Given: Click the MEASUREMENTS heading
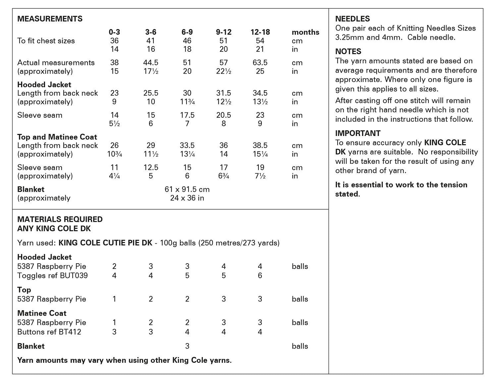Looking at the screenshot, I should (50, 19).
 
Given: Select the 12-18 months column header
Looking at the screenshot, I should (260, 32).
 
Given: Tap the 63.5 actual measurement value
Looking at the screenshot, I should (260, 63).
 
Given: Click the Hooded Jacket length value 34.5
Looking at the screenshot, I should (260, 93).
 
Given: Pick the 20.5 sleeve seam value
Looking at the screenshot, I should (224, 115).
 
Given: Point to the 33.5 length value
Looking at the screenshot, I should (187, 146).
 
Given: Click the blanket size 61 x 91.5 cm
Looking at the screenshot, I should (187, 189).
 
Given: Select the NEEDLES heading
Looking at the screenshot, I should (353, 19).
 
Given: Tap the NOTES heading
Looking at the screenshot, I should (348, 51).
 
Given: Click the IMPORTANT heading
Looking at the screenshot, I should (358, 133).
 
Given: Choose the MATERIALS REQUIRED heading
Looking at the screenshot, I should (60, 219).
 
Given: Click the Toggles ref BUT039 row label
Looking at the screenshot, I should (52, 276).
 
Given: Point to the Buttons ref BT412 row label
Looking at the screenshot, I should (49, 332).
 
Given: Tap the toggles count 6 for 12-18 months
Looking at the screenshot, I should (260, 276).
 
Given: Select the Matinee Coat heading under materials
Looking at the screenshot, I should (42, 313).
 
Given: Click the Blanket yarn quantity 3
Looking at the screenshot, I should (187, 346).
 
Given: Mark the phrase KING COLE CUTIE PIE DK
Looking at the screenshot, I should (105, 243).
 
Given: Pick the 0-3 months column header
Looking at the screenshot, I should (114, 32).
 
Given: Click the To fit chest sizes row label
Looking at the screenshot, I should (46, 41).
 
